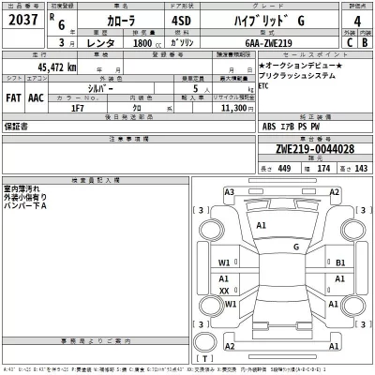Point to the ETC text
pos(265,110)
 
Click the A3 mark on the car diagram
pos(229,191)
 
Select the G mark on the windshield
pos(295,247)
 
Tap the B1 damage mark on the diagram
pos(340,263)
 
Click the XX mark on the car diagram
pos(224,292)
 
